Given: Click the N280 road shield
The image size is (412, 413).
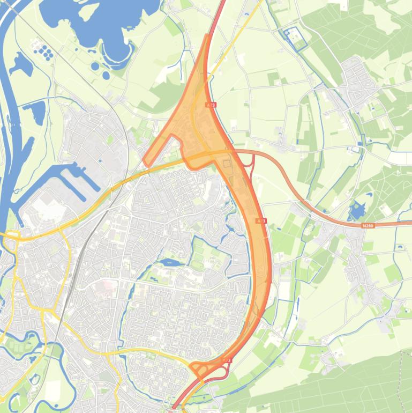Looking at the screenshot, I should [368, 226].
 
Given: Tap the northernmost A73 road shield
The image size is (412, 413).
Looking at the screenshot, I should [211, 105].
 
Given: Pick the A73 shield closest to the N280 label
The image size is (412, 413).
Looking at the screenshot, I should [261, 220].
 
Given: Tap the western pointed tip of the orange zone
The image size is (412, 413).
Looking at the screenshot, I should [144, 160].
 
